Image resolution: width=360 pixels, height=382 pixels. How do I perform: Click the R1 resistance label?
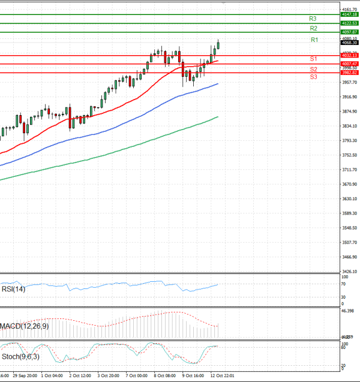tap(314, 40)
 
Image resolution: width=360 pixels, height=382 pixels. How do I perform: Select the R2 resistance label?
tap(313, 28)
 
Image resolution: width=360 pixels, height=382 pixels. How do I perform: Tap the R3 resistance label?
tap(313, 19)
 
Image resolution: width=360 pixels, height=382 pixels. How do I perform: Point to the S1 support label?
tap(313, 59)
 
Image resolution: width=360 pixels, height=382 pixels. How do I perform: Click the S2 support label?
tap(313, 70)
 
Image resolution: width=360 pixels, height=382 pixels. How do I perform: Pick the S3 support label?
tap(313, 77)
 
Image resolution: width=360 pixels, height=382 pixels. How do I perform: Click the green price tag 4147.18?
tap(349, 14)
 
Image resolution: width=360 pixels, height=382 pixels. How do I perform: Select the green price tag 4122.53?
tap(349, 23)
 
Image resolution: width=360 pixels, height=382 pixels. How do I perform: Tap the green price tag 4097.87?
tap(349, 32)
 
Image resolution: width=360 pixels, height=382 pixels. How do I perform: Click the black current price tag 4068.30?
tap(349, 43)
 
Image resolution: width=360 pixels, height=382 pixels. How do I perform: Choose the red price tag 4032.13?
tap(349, 55)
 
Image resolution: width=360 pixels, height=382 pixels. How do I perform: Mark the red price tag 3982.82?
tap(349, 73)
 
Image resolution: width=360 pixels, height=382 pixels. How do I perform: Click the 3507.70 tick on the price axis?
tap(349, 242)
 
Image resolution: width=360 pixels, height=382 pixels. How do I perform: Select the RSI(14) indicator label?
tap(13, 289)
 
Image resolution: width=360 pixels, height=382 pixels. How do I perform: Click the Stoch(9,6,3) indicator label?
tap(20, 357)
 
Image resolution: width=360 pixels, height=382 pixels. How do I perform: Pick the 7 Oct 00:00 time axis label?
tap(136, 376)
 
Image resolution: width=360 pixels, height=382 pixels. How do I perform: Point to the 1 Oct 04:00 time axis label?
tap(52, 376)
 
